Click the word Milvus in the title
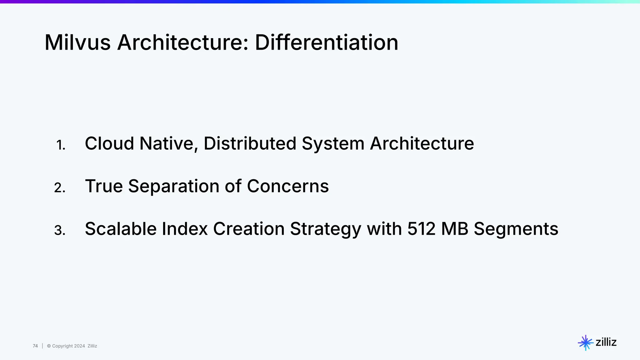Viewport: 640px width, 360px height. [77, 42]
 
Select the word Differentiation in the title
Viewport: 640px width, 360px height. [327, 42]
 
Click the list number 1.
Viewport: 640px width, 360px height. [61, 145]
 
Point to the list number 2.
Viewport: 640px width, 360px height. [60, 188]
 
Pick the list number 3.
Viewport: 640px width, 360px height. [60, 231]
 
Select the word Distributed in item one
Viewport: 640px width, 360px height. [250, 143]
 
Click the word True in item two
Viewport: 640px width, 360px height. [104, 186]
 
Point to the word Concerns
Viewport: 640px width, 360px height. [288, 186]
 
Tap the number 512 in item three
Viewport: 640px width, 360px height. [421, 229]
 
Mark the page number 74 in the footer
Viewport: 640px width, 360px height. [35, 346]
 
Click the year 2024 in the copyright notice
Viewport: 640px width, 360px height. [79, 346]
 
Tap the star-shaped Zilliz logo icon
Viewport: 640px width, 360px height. [585, 343]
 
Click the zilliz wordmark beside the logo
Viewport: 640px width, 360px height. [606, 342]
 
